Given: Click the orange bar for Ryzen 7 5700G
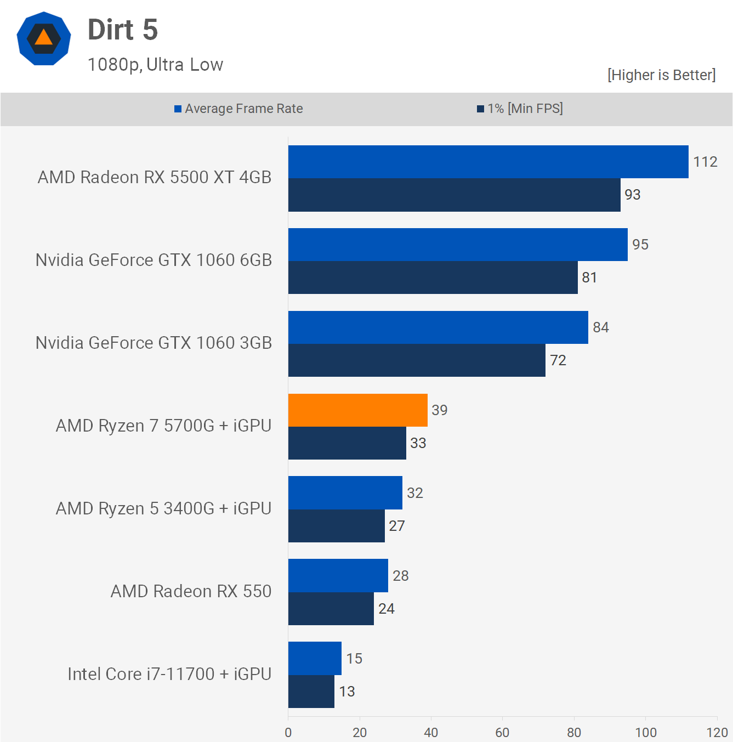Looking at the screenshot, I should tap(357, 410).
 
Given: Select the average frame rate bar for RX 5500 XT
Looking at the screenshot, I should tap(488, 162).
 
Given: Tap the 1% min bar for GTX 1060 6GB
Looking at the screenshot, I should tap(433, 277).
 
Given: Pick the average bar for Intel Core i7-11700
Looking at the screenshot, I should tap(315, 658).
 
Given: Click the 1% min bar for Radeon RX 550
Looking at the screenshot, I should tap(331, 609).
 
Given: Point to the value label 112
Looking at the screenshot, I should tap(705, 162).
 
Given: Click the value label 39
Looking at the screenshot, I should tap(440, 410).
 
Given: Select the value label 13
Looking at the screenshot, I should tap(347, 692).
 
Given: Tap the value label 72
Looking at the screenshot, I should tap(558, 360).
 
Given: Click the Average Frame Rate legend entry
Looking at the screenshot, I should tap(238, 109).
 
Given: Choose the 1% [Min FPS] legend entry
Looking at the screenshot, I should tap(520, 109).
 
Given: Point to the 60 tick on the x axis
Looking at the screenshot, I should tap(502, 732).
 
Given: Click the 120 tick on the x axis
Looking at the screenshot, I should tap(717, 732).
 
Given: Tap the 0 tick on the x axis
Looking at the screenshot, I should tap(288, 732).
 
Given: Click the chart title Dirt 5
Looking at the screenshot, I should tap(123, 30).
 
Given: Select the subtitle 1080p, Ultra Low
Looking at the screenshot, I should tap(155, 65).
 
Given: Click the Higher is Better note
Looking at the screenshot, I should tap(661, 75).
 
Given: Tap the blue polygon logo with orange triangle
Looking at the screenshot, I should tap(44, 38).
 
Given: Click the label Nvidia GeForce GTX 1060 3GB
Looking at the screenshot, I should tap(154, 343).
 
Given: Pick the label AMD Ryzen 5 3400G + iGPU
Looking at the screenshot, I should tap(163, 508).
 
